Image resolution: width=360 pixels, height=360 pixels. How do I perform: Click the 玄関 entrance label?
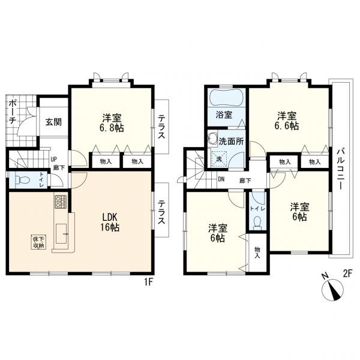click(53, 122)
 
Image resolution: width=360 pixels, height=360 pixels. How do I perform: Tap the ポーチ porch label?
click(12, 112)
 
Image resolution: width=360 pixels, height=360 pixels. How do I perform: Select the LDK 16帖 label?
click(110, 222)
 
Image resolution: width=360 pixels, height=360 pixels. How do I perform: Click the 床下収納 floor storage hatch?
click(38, 242)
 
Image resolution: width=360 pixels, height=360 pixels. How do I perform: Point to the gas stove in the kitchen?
click(61, 202)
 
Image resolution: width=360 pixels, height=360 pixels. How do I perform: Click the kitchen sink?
click(61, 233)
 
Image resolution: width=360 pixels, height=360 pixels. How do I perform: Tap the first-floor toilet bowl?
click(22, 180)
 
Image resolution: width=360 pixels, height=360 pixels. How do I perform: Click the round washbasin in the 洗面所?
click(212, 139)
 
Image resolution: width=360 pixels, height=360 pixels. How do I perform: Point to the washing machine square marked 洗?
click(219, 158)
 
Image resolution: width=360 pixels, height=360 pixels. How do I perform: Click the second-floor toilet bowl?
click(257, 223)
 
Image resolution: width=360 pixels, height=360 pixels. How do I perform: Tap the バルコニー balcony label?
click(341, 170)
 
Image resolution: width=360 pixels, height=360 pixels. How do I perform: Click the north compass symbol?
click(332, 289)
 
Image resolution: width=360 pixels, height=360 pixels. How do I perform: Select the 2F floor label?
click(347, 274)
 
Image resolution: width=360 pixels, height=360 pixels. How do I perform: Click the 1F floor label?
click(148, 282)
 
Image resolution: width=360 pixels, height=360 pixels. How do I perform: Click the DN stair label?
click(221, 179)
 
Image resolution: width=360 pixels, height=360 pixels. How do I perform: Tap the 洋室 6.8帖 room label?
click(112, 123)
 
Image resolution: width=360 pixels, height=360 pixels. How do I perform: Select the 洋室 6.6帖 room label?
click(287, 121)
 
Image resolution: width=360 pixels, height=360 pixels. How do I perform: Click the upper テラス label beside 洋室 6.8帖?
click(161, 127)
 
